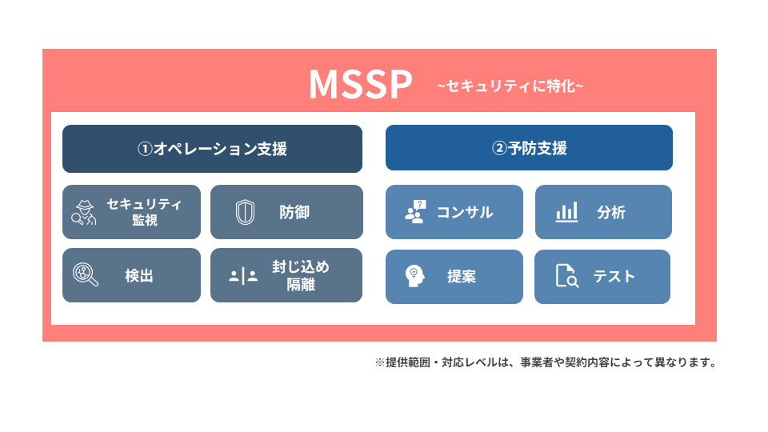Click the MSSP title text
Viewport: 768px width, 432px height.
tap(360, 85)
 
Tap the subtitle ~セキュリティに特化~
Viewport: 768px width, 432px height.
tap(510, 86)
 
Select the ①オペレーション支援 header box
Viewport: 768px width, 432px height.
tap(212, 149)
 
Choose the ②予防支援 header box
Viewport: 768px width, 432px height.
tap(529, 149)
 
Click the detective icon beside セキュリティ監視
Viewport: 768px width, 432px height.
tap(83, 213)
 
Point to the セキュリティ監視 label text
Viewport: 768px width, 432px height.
tap(144, 212)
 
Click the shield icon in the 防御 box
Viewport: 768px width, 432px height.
tap(245, 213)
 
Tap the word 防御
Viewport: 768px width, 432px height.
tap(294, 213)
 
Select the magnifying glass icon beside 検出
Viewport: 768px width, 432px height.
tap(85, 274)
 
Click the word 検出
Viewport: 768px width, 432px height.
tap(139, 276)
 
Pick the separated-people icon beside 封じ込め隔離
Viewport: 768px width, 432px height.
tap(243, 276)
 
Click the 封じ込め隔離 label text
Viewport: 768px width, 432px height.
tap(300, 275)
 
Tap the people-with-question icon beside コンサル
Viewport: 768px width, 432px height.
tap(415, 212)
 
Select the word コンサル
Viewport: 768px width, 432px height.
tap(464, 213)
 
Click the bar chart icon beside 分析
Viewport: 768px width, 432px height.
tap(566, 212)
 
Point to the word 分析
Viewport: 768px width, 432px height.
tap(611, 213)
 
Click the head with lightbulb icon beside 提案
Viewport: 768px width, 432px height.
tap(414, 276)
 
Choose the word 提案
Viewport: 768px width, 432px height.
tap(462, 277)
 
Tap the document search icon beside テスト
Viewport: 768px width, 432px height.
tap(566, 276)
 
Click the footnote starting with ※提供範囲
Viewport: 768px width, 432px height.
tap(545, 362)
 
